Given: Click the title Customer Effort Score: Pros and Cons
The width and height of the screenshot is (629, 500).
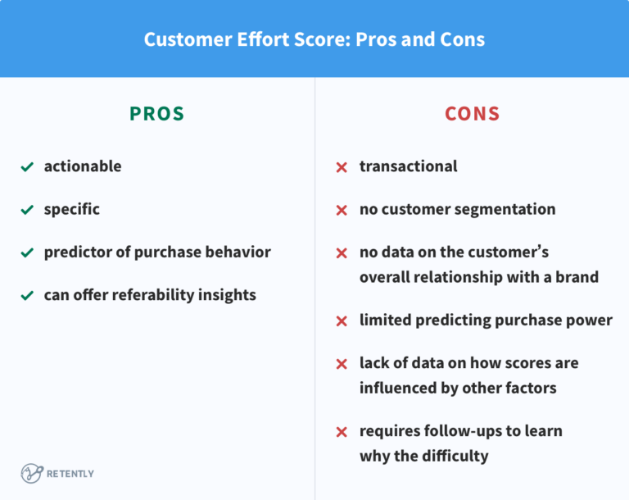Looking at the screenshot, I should point(314,39).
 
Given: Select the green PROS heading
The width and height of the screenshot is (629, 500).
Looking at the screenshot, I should point(156,114).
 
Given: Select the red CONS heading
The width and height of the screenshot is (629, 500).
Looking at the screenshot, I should point(472,114).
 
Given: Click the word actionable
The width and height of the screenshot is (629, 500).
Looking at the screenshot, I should point(83,166).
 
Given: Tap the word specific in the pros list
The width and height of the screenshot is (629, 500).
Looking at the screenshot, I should point(72,209).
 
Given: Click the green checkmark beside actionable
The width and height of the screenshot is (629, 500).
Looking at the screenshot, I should point(27,167).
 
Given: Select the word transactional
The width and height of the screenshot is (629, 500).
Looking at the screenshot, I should point(409,166).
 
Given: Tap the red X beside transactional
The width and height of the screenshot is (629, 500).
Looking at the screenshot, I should point(342,167).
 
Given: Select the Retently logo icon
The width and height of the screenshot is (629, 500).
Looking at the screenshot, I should point(32,473).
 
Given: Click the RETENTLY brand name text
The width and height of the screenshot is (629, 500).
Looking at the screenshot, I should point(71,474).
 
